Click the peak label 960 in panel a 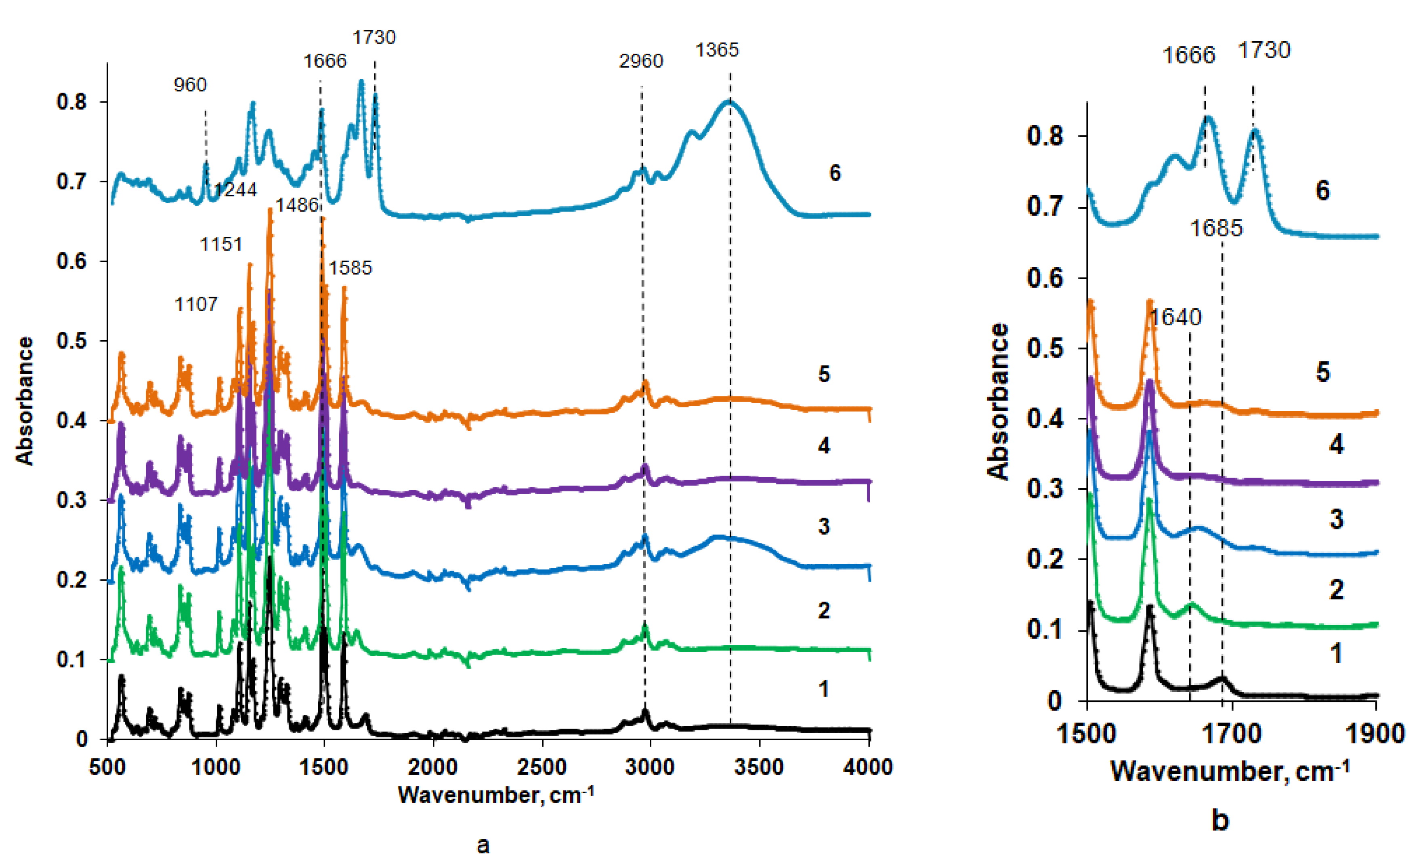(x=190, y=85)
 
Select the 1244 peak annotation (x=235, y=190)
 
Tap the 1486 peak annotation (x=297, y=205)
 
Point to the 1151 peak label (x=221, y=244)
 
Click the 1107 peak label (x=196, y=304)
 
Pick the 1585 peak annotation (x=350, y=268)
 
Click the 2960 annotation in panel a (x=641, y=61)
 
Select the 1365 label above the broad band (x=717, y=51)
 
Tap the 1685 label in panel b (x=1216, y=229)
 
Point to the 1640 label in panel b (x=1176, y=317)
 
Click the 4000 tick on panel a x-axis (x=867, y=767)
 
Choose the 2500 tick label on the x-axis (x=542, y=767)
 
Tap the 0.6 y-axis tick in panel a (x=72, y=261)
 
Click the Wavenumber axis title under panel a (x=495, y=795)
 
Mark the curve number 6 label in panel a (x=835, y=173)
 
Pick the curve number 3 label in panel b (x=1336, y=519)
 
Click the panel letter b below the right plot (x=1220, y=820)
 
